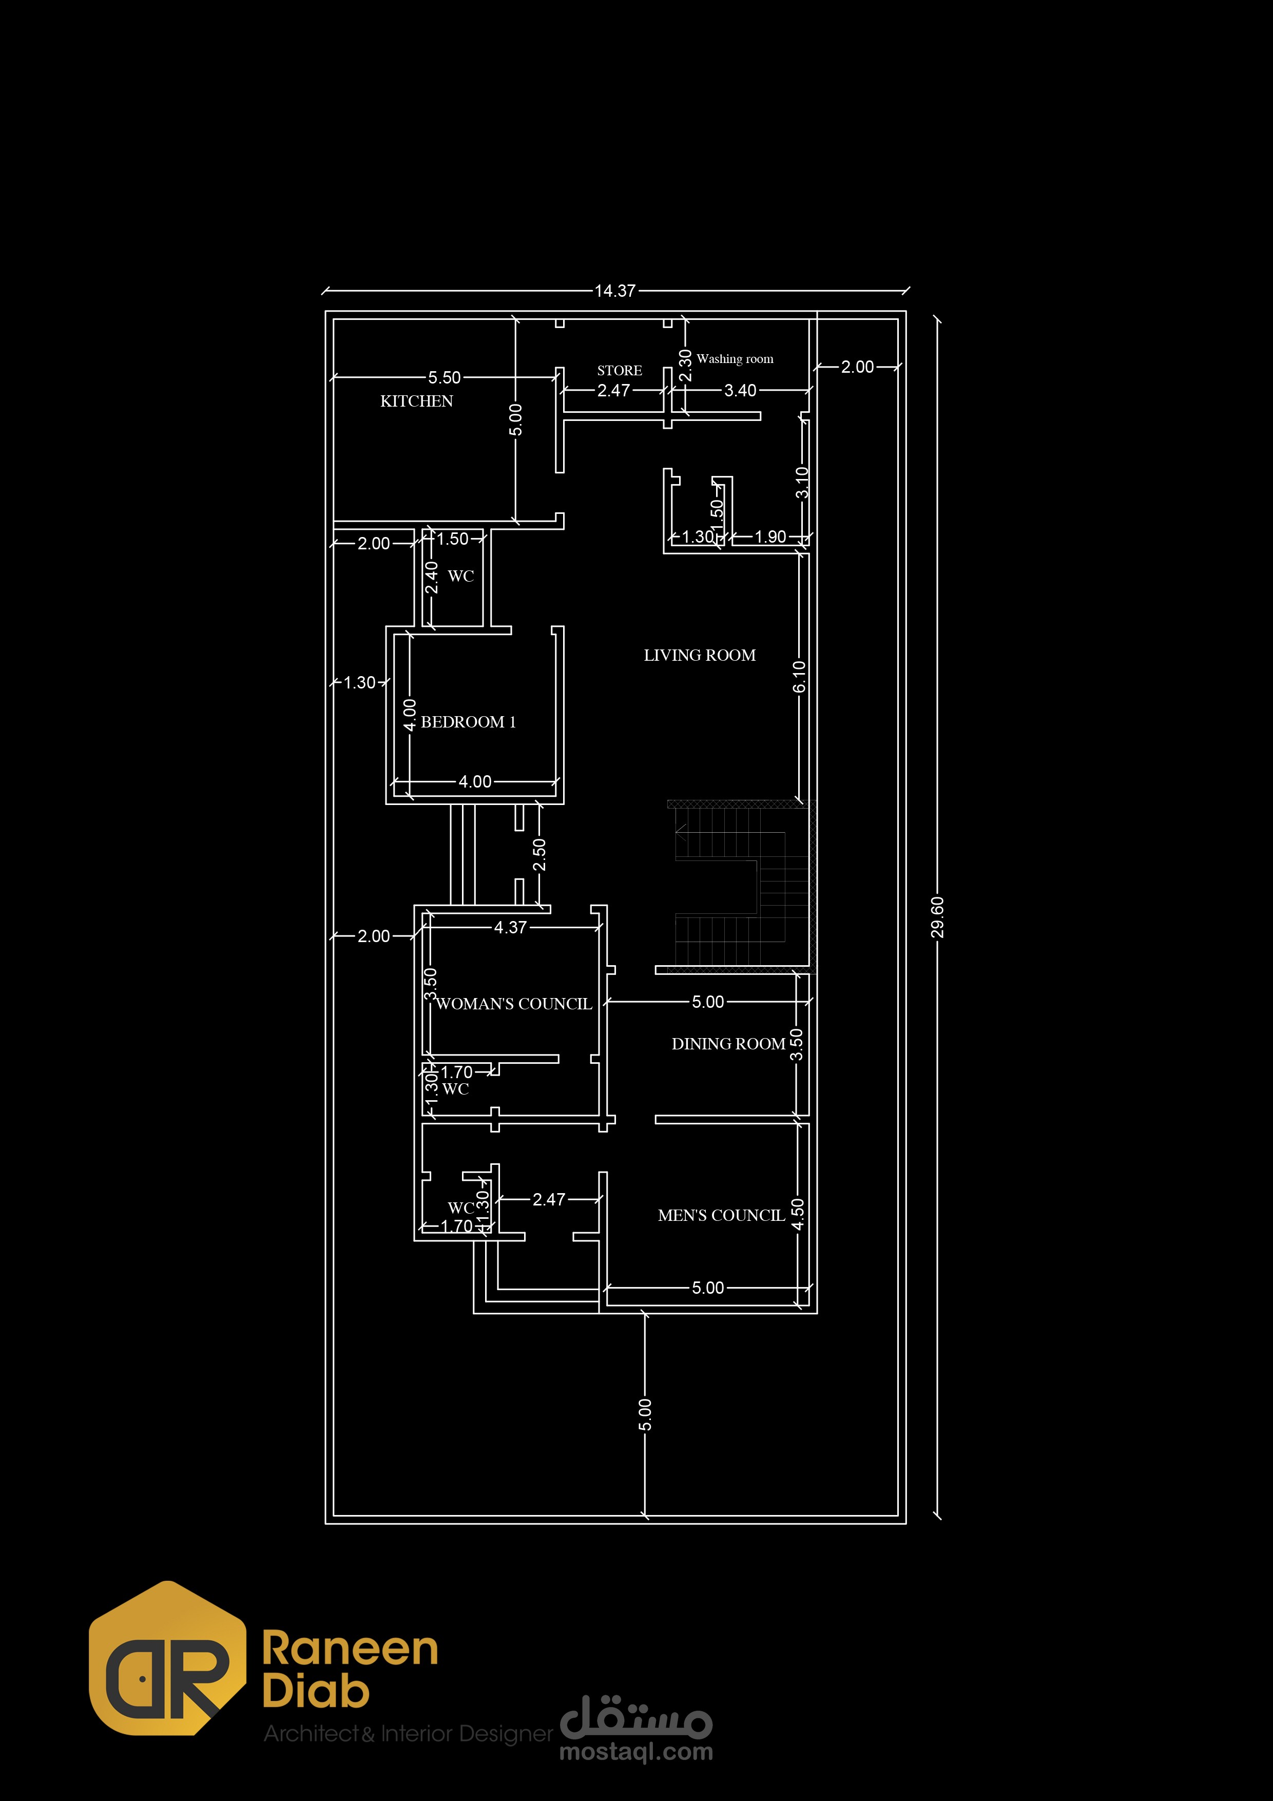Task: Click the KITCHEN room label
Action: coord(416,401)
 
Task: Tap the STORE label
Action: coord(620,370)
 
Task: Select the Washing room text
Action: coord(735,358)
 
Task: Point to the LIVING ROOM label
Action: coord(700,655)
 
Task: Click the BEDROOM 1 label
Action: coord(468,722)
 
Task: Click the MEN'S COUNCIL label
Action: coord(721,1215)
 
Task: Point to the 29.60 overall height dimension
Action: coord(937,917)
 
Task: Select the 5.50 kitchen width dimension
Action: coord(444,377)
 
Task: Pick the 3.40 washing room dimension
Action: coord(740,390)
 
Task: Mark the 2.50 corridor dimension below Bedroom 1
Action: coord(539,854)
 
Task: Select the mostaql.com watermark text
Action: coord(636,1752)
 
